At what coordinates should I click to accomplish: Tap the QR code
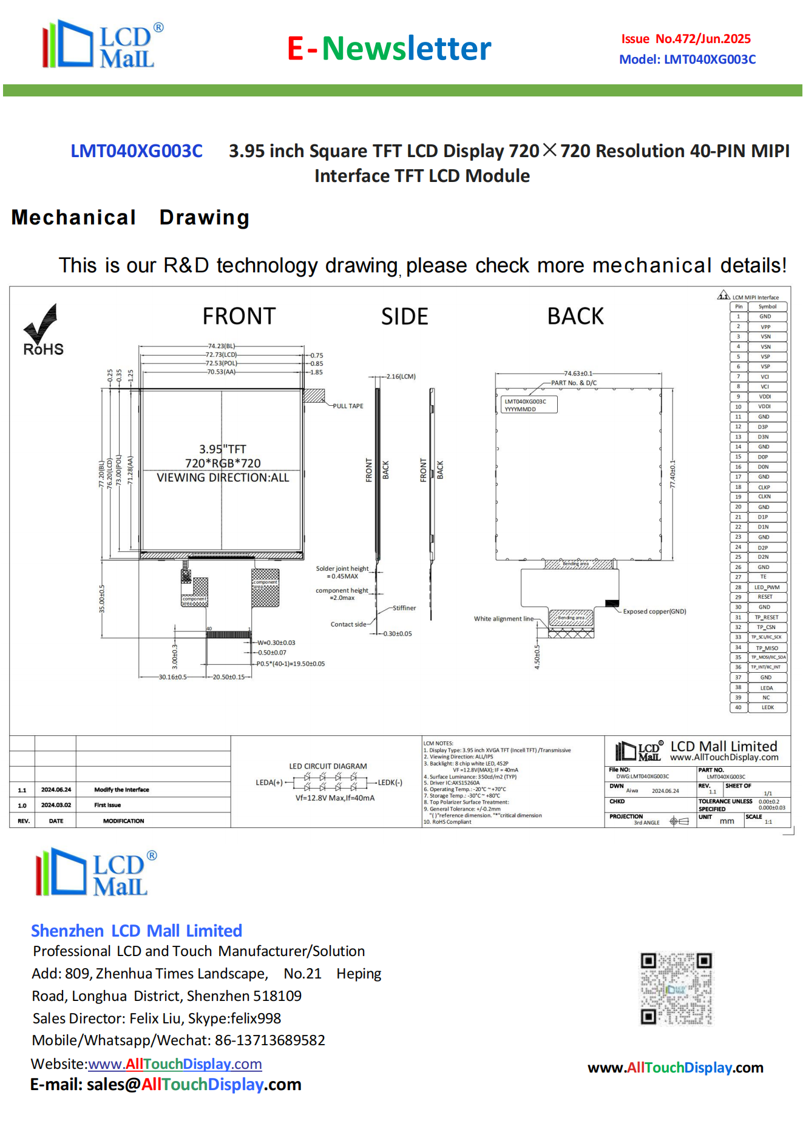point(676,989)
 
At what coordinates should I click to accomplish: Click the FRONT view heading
point(239,317)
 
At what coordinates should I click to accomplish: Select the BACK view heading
point(575,317)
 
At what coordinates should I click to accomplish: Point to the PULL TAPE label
point(348,406)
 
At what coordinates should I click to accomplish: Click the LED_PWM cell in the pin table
point(767,587)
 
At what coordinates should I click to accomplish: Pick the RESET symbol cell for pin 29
point(765,597)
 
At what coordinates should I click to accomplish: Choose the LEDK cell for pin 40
point(767,707)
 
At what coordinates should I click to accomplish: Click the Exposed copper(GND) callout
point(654,611)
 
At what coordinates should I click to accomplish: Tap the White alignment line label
point(503,619)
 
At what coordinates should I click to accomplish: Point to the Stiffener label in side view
point(404,608)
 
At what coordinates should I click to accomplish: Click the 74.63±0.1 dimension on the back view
point(578,374)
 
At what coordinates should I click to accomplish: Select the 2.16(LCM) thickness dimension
point(401,377)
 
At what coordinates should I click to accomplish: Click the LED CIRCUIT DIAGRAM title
point(328,766)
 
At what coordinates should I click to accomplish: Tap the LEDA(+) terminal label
point(269,783)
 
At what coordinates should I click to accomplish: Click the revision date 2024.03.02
point(56,805)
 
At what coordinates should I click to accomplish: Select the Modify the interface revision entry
point(121,790)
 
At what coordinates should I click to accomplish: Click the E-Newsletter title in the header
point(389,49)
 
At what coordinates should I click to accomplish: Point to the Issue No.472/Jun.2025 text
point(686,39)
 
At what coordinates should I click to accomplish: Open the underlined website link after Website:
point(175,1064)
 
